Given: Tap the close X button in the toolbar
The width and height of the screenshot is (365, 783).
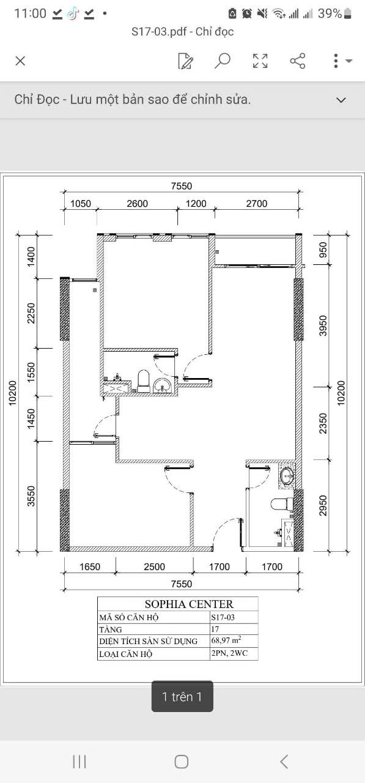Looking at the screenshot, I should click(x=20, y=61).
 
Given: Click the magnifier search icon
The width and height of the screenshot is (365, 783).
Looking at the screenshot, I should click(x=223, y=61).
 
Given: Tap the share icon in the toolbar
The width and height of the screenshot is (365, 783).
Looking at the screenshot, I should click(x=298, y=61).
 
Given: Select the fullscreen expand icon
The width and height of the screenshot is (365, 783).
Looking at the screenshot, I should click(x=260, y=61).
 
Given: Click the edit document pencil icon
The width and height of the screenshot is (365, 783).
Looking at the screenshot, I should click(x=185, y=61).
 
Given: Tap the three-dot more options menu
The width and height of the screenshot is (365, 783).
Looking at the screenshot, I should click(x=336, y=61).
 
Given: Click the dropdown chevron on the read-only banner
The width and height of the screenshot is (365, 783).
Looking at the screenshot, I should click(x=341, y=100).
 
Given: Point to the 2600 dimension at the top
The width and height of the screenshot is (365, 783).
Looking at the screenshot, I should click(x=137, y=204).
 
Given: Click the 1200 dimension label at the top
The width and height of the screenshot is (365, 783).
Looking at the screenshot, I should click(x=196, y=204).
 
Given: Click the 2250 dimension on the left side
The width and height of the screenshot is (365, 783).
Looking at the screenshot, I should click(x=32, y=313).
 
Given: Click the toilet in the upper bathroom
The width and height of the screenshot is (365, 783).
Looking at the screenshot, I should click(x=144, y=380).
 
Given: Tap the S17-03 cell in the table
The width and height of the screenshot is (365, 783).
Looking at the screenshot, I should click(x=223, y=617).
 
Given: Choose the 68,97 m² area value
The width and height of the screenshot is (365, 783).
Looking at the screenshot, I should click(x=226, y=640).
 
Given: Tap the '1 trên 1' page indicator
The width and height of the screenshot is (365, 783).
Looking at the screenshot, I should click(x=182, y=696).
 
